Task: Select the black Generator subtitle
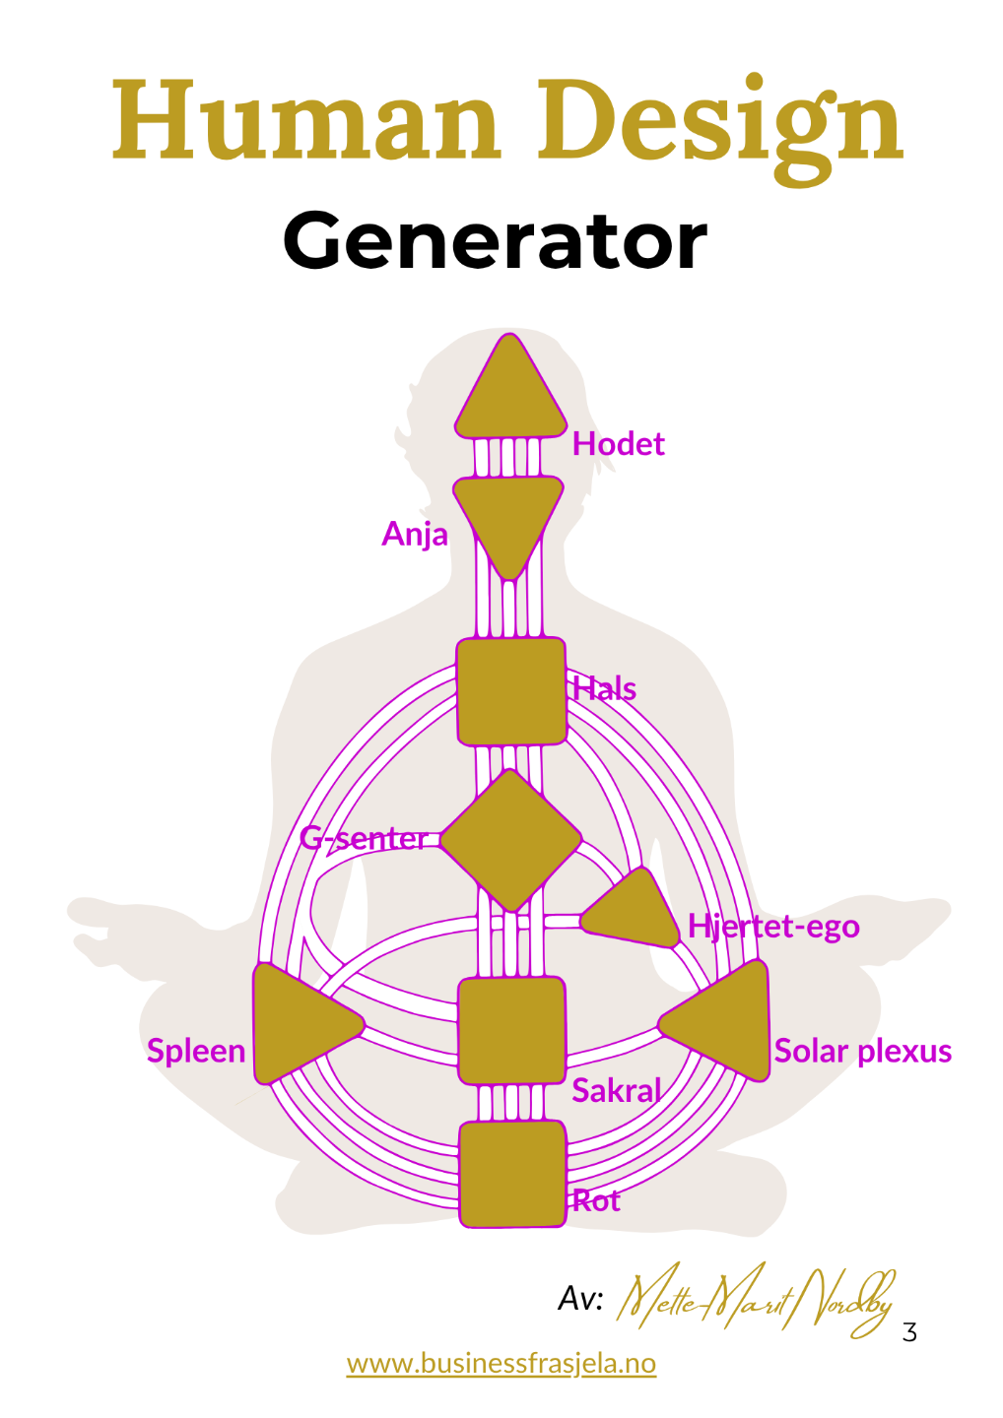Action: coord(495,241)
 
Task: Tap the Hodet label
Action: coord(618,444)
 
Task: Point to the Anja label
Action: coord(415,535)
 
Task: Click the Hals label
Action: coord(604,688)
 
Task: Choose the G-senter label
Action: coord(365,839)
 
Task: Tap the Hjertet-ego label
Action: coord(773,927)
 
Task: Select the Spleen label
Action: coord(196,1051)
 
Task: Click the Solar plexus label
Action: coord(862,1051)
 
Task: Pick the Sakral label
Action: coord(617,1091)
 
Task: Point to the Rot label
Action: coord(596,1200)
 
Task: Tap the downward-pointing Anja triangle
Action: coord(508,518)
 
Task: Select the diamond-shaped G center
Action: coord(510,840)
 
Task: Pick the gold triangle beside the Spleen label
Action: coord(298,1023)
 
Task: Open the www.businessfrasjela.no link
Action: coord(501,1363)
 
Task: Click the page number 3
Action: coord(909,1332)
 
